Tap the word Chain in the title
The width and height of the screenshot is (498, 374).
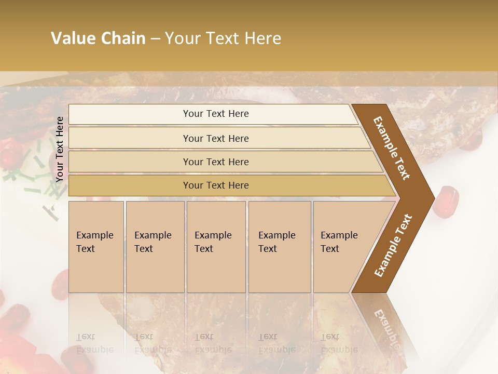click(x=123, y=38)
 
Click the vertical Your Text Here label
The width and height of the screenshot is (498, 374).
click(x=60, y=149)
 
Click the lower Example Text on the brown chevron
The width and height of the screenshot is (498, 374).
click(x=393, y=246)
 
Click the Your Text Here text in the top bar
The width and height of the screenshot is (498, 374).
click(x=216, y=114)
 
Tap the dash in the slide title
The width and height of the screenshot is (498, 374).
click(x=155, y=39)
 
